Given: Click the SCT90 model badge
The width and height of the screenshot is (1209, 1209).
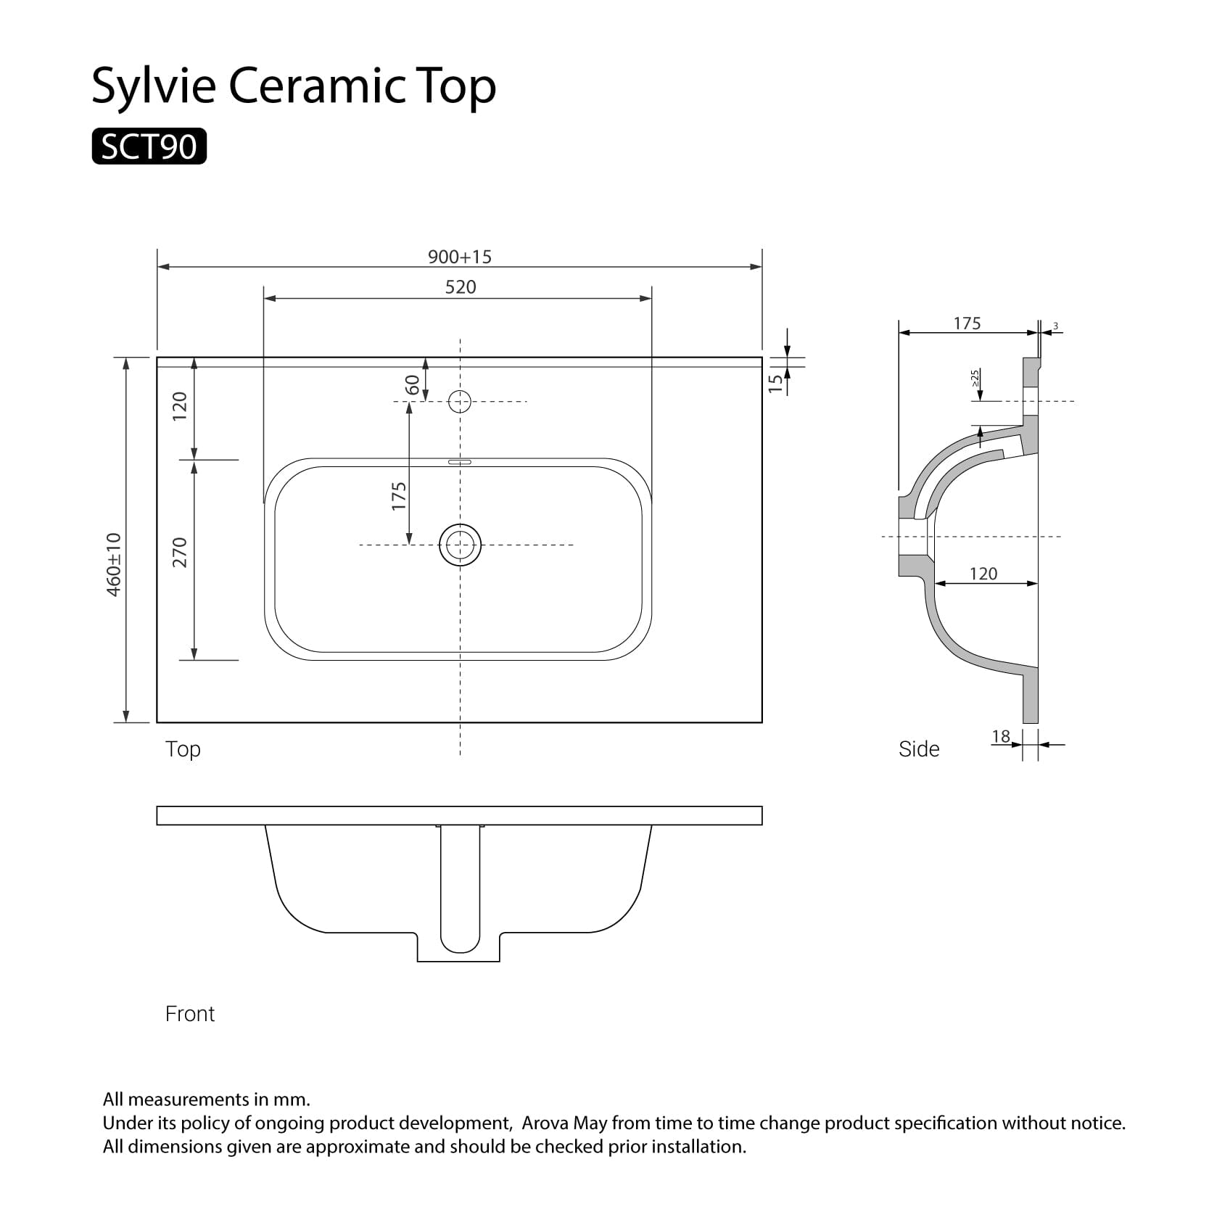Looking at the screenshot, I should click(149, 147).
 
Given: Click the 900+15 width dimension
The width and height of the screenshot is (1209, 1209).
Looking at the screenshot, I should click(459, 257).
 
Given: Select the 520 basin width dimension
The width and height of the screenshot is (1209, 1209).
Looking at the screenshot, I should click(460, 287).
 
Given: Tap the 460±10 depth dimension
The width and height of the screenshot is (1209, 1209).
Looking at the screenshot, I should click(114, 564).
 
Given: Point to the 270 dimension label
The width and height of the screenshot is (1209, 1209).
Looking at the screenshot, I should click(180, 552).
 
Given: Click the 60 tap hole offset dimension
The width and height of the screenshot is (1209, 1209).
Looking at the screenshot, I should click(412, 384).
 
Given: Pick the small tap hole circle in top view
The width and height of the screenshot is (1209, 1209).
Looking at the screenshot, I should click(460, 401).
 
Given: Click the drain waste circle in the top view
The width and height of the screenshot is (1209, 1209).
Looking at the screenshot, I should click(460, 545).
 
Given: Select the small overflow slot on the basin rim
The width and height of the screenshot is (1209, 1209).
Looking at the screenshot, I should click(460, 461).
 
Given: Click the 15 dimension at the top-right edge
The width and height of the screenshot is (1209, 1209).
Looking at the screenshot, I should click(776, 382).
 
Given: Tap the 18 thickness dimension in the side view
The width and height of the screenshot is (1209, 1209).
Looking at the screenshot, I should click(1001, 737).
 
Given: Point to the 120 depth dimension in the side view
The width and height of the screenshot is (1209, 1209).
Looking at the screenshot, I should click(983, 574).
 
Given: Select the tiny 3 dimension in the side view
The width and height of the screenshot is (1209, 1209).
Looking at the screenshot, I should click(1055, 326).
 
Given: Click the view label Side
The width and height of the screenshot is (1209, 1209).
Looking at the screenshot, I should click(918, 749).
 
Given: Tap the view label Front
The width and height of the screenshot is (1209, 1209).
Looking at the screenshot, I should click(190, 1014).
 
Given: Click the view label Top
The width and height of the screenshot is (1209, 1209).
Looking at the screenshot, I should click(183, 749).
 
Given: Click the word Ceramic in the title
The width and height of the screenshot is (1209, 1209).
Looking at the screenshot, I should click(316, 86).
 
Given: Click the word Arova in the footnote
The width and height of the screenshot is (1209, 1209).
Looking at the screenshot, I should click(545, 1123).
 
